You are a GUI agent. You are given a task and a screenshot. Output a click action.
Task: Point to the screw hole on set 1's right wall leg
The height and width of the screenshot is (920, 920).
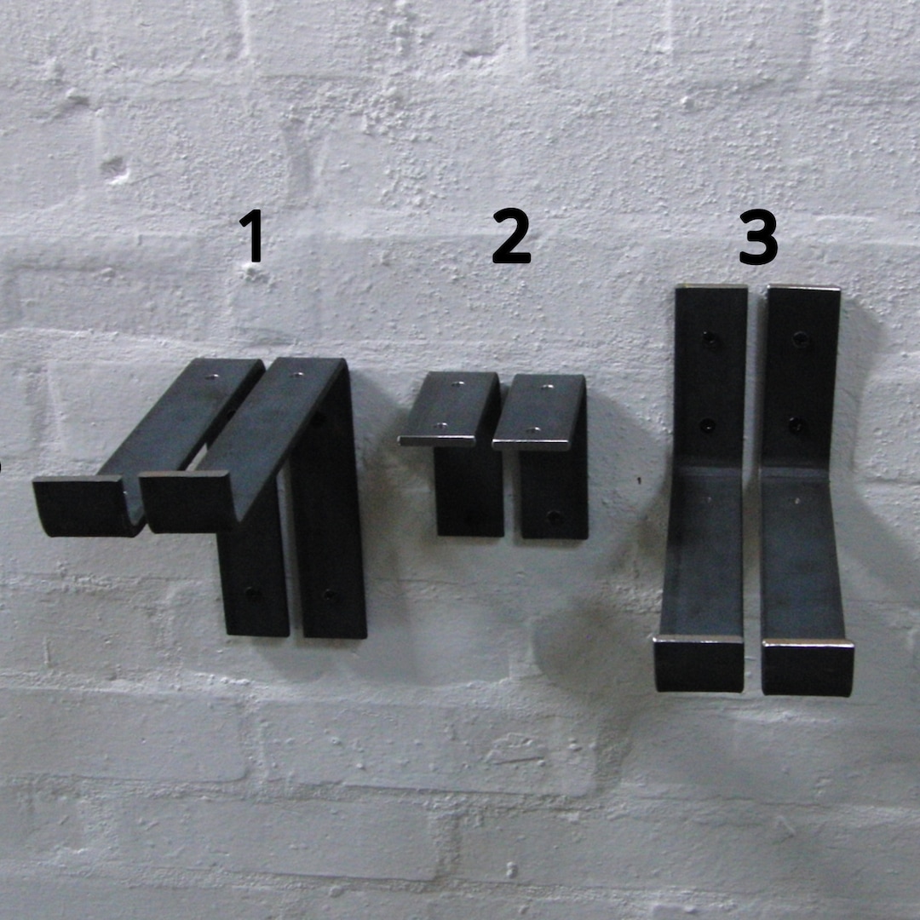329,595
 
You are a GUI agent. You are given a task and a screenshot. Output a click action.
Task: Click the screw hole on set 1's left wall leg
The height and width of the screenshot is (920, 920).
252,592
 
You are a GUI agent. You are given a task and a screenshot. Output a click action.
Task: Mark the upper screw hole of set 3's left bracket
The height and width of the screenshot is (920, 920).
709,340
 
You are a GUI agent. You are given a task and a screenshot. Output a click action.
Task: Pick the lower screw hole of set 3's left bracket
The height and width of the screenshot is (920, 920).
708,425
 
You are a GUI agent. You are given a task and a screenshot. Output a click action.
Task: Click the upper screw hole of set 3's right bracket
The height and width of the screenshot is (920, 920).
800,340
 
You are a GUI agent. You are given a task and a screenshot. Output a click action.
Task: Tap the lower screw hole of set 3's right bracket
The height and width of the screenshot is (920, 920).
796,424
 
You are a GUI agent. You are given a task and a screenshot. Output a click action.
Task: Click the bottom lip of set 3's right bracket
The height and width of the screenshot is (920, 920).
807,668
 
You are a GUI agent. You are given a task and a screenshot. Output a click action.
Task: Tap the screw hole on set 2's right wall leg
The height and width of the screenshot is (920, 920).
555,516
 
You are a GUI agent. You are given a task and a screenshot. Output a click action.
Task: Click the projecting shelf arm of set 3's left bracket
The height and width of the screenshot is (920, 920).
704,554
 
